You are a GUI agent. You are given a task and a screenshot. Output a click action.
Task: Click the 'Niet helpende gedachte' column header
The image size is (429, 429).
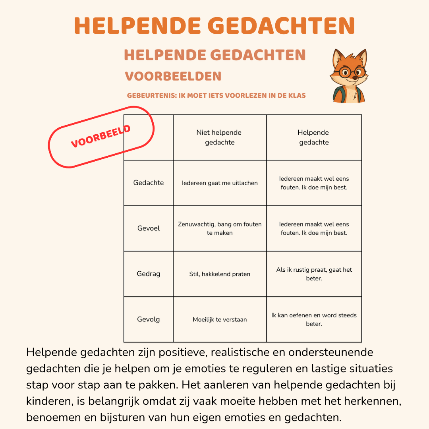point(219,137)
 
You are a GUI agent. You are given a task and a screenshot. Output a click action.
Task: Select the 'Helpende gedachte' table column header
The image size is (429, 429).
point(314,137)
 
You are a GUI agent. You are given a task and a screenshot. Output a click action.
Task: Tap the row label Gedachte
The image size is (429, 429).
point(149,183)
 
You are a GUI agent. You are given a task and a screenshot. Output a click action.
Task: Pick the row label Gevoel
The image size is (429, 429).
point(149,228)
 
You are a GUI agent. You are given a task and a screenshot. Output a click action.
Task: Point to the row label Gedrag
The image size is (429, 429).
point(149,274)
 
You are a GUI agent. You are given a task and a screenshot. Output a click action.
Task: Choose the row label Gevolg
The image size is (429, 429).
point(149,319)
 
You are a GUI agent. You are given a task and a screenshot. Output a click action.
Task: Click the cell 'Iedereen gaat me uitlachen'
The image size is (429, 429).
point(220,183)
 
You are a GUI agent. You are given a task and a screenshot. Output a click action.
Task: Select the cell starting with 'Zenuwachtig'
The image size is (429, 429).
point(220,228)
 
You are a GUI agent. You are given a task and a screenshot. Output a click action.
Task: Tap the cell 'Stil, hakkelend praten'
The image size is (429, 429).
point(220,274)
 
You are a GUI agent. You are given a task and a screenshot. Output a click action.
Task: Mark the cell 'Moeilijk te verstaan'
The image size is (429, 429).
point(220,319)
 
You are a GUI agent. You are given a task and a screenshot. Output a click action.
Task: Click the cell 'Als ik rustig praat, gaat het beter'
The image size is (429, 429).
point(314,274)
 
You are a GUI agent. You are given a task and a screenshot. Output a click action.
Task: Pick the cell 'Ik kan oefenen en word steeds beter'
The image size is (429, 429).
point(314,319)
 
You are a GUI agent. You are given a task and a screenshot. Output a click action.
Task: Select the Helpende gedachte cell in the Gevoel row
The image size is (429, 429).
point(314,228)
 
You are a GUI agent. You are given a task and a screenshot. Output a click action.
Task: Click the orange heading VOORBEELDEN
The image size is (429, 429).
point(173,76)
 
